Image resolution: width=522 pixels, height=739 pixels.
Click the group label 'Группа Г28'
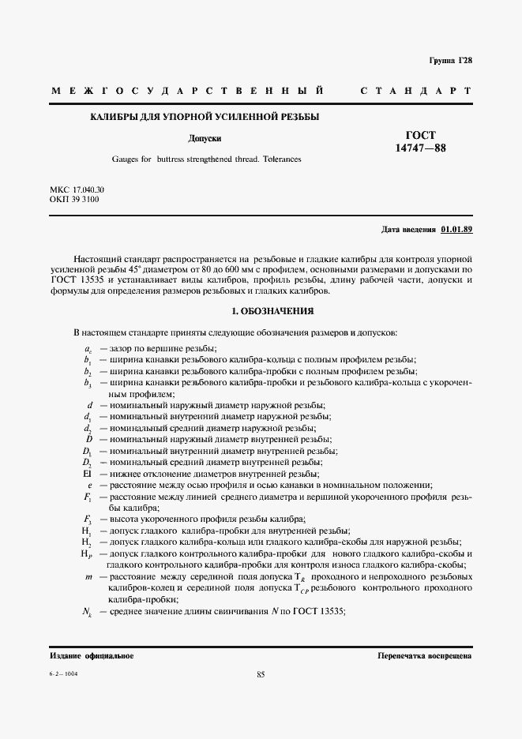(451, 60)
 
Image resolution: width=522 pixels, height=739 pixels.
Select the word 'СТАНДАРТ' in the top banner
(416, 92)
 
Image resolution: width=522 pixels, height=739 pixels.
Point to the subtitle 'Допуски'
(205, 138)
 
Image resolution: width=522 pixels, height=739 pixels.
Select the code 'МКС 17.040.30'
(77, 190)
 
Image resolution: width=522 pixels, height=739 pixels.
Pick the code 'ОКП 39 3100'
(74, 201)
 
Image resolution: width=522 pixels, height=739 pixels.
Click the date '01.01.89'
(456, 230)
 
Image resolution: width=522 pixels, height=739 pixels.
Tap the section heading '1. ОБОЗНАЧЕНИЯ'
(260, 311)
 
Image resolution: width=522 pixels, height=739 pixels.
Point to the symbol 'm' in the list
(88, 578)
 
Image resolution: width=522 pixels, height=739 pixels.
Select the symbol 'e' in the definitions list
(90, 484)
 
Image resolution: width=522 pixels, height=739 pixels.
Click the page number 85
(261, 673)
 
